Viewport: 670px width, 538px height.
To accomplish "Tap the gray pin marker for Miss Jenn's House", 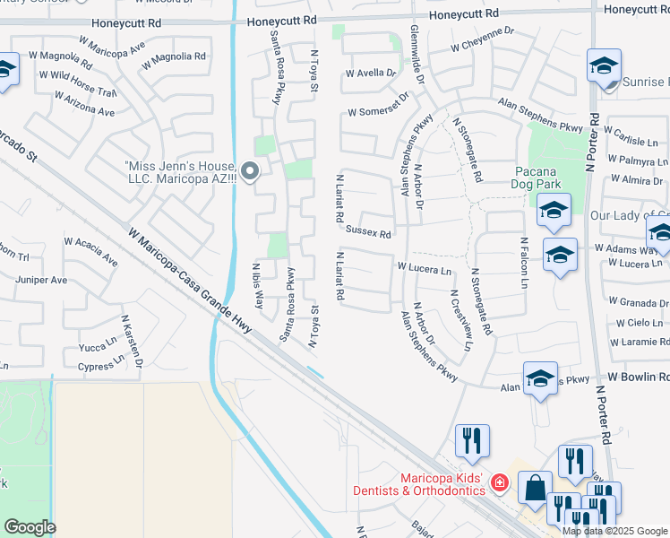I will (x=251, y=170).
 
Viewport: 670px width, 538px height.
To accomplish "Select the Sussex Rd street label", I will (x=370, y=233).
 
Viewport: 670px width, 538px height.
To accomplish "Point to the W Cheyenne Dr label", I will (x=483, y=46).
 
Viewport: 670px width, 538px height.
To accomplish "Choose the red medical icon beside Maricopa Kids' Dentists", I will (x=500, y=485).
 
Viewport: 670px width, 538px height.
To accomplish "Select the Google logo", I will (x=30, y=527).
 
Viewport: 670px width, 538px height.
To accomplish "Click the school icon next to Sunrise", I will (x=604, y=65).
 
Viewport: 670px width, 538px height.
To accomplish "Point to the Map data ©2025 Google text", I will (x=615, y=531).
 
